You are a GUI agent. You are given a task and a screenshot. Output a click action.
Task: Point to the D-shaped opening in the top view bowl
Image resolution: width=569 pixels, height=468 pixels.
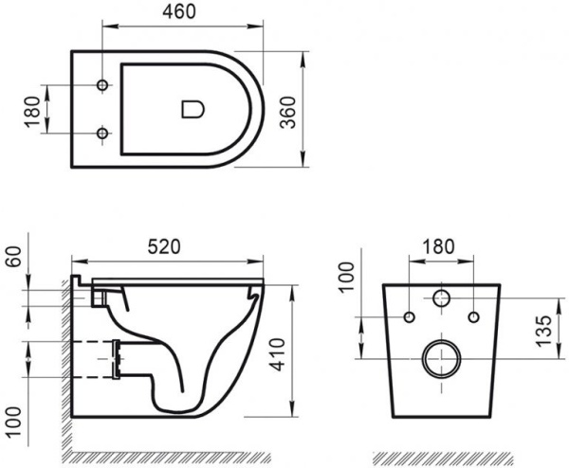click(x=193, y=109)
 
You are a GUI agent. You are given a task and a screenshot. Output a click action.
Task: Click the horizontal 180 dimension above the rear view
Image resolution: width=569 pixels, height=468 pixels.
click(x=439, y=245)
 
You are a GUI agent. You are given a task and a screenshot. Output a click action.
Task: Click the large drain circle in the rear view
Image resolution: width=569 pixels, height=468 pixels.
click(x=440, y=357)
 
